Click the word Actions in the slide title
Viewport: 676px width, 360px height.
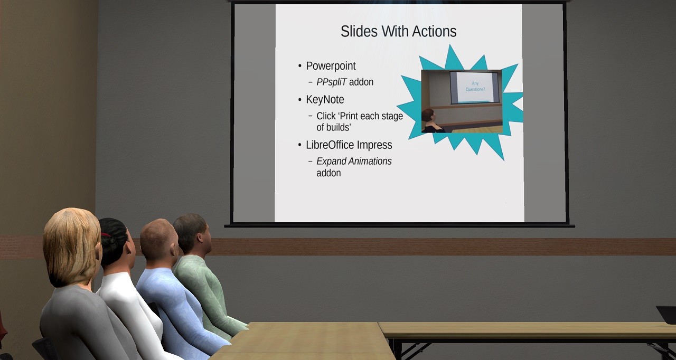434,32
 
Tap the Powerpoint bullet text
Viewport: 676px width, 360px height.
331,66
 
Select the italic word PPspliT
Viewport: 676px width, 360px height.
331,82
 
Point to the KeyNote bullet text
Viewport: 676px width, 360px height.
325,100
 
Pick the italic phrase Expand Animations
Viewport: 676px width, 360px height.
354,162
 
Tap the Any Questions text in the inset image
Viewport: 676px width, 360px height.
475,86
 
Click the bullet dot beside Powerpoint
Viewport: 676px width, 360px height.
300,66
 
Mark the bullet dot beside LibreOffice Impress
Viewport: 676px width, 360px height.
300,145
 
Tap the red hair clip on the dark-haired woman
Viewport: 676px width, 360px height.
105,235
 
